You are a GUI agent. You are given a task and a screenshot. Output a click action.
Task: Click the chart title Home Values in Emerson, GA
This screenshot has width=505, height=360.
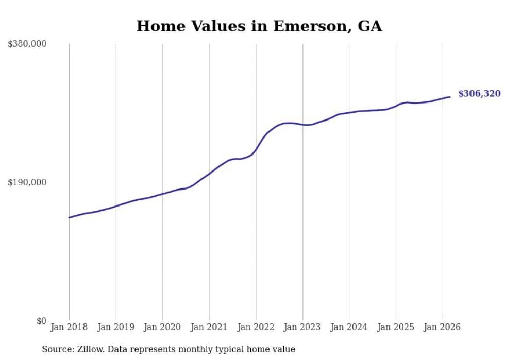259,26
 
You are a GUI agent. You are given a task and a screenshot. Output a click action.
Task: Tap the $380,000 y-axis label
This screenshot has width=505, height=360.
27,44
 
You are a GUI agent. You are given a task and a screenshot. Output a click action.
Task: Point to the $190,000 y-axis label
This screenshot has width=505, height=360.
27,183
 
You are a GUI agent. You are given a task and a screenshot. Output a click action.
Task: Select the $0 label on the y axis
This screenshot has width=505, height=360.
41,321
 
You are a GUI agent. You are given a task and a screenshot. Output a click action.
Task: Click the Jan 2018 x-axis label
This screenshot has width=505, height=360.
69,327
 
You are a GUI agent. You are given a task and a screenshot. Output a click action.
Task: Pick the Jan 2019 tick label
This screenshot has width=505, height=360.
116,327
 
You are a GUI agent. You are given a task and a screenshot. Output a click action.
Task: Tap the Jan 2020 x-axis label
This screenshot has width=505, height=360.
162,327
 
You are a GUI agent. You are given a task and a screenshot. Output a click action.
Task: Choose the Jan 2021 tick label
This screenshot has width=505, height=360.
209,327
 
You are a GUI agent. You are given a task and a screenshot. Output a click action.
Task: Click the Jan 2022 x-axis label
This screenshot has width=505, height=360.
256,327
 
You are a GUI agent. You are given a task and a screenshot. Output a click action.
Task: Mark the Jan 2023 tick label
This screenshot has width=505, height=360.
302,327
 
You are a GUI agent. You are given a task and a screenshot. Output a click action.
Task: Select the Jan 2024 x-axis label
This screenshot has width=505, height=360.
349,327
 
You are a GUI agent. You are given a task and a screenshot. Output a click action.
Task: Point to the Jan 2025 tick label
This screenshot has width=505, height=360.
396,327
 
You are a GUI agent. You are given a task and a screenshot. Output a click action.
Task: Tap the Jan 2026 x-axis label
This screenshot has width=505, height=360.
442,327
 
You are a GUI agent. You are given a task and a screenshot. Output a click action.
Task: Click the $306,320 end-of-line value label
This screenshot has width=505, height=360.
479,94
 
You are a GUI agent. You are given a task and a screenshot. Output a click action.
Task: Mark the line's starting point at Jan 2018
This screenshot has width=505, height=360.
69,217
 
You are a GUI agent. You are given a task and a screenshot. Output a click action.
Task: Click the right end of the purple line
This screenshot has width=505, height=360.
450,97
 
